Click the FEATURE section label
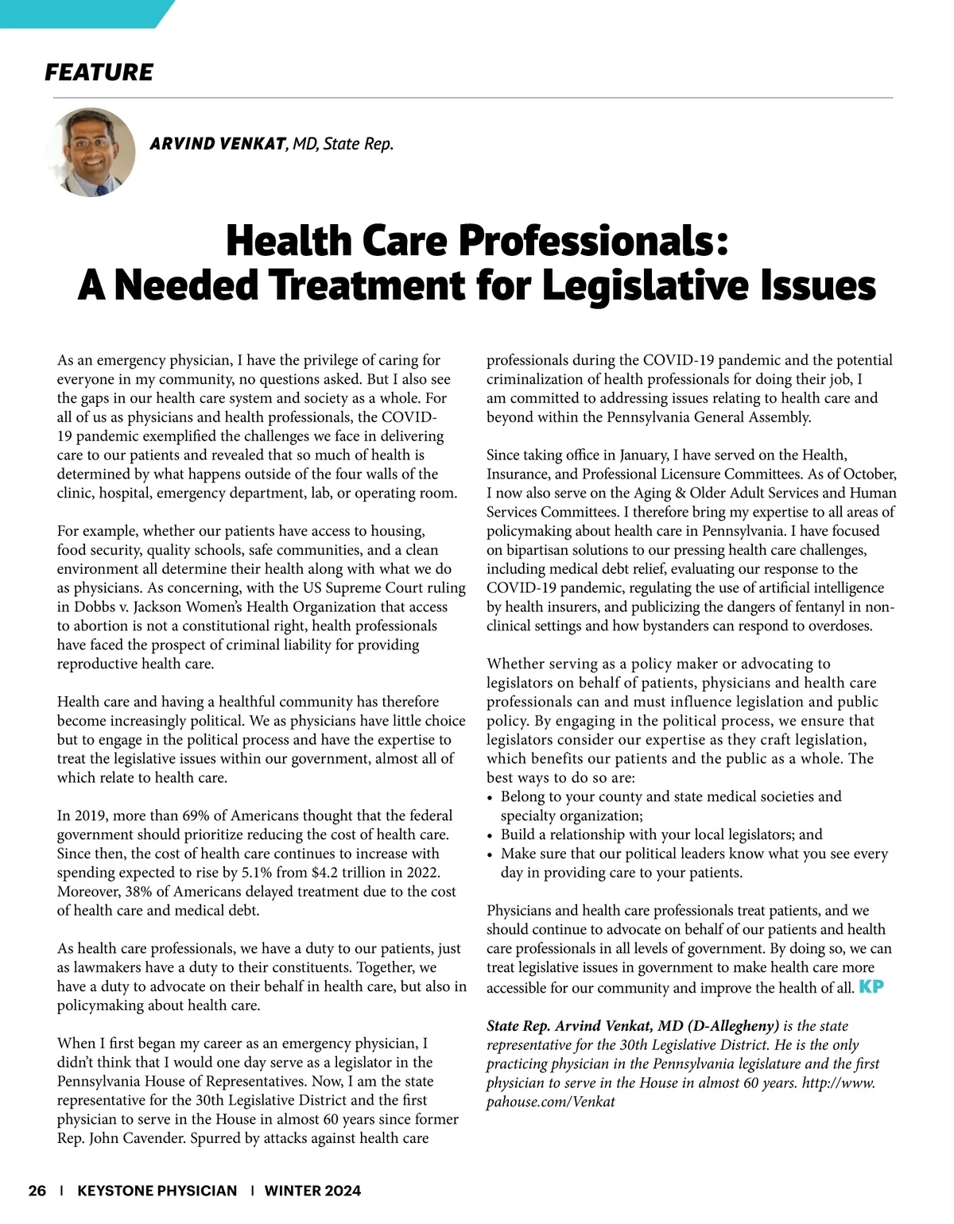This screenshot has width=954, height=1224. click(x=99, y=72)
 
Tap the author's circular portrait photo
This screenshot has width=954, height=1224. click(x=91, y=152)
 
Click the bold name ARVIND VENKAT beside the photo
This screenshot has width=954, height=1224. click(x=217, y=144)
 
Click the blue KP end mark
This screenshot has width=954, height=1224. click(x=871, y=987)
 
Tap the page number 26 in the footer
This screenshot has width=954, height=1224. click(x=37, y=1191)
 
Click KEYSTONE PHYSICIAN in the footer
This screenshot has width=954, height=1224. click(x=157, y=1191)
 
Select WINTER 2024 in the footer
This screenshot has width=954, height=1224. click(x=312, y=1191)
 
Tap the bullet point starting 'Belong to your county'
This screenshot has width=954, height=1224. click(x=670, y=796)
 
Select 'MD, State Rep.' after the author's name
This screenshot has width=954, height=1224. click(x=343, y=144)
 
